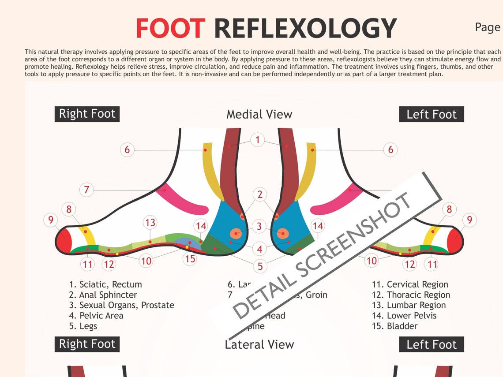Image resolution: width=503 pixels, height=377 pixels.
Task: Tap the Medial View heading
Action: click(259, 115)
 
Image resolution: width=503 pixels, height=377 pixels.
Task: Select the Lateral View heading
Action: click(259, 344)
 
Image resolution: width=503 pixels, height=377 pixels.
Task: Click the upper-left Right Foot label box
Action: click(87, 114)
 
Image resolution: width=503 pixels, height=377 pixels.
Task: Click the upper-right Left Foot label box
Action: click(431, 114)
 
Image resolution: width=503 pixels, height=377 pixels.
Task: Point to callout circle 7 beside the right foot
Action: click(86, 190)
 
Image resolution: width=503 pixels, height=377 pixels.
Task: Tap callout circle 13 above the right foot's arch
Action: click(150, 223)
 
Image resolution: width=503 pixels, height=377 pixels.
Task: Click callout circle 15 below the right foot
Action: click(190, 258)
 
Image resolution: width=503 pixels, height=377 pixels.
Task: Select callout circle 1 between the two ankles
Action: click(257, 141)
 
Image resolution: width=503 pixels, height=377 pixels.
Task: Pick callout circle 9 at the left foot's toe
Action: click(469, 220)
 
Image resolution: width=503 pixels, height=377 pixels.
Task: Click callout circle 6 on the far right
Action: click(390, 150)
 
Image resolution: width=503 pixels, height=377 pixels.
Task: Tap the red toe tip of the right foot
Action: click(64, 241)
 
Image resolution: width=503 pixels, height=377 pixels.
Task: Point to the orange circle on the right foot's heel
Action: click(236, 233)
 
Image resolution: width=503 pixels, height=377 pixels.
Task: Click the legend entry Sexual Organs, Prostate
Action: click(121, 305)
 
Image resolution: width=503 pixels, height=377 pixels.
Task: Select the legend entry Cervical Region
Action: click(410, 284)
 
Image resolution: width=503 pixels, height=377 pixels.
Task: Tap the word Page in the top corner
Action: click(487, 27)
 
